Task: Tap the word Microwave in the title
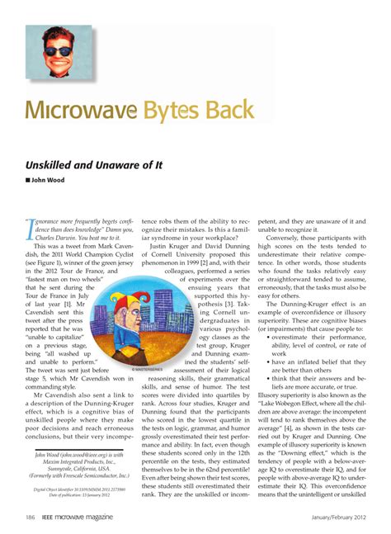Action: coord(75,111)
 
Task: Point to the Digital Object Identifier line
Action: coord(74,489)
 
